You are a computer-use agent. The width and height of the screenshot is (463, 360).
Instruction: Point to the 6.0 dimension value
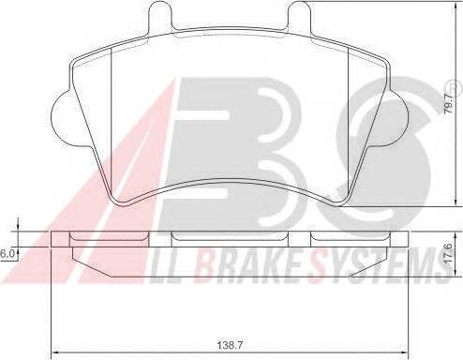7,254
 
